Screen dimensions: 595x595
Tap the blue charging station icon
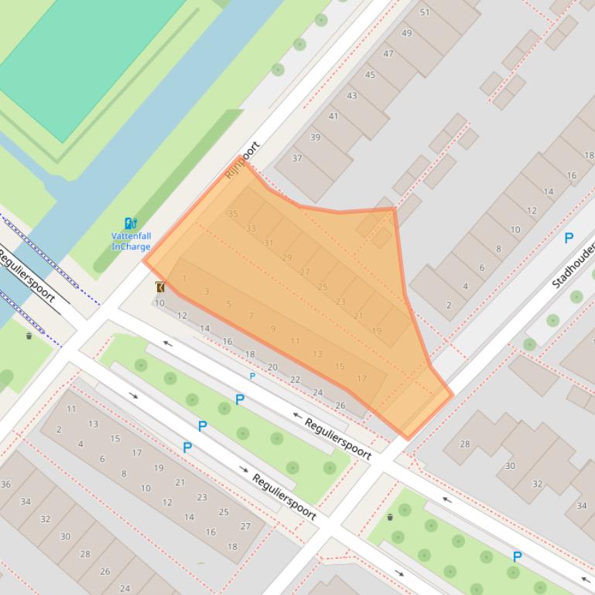click(130, 224)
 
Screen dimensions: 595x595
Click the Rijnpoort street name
click(242, 159)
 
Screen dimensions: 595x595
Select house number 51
click(425, 12)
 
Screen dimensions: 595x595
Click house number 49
click(407, 33)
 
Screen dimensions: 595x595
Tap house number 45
click(370, 75)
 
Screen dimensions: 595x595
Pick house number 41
click(333, 117)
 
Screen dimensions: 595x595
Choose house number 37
click(297, 158)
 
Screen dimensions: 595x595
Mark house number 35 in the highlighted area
click(233, 213)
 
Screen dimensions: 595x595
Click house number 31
click(268, 243)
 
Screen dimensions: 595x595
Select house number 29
click(287, 258)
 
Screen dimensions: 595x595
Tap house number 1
click(185, 279)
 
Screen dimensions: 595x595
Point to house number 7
click(251, 316)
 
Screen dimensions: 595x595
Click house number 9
click(273, 329)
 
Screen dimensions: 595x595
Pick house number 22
click(295, 379)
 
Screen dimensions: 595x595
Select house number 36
click(6, 484)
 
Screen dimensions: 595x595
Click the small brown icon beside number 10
click(160, 287)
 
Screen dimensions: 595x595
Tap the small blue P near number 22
click(252, 376)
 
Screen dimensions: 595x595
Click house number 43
click(352, 96)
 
